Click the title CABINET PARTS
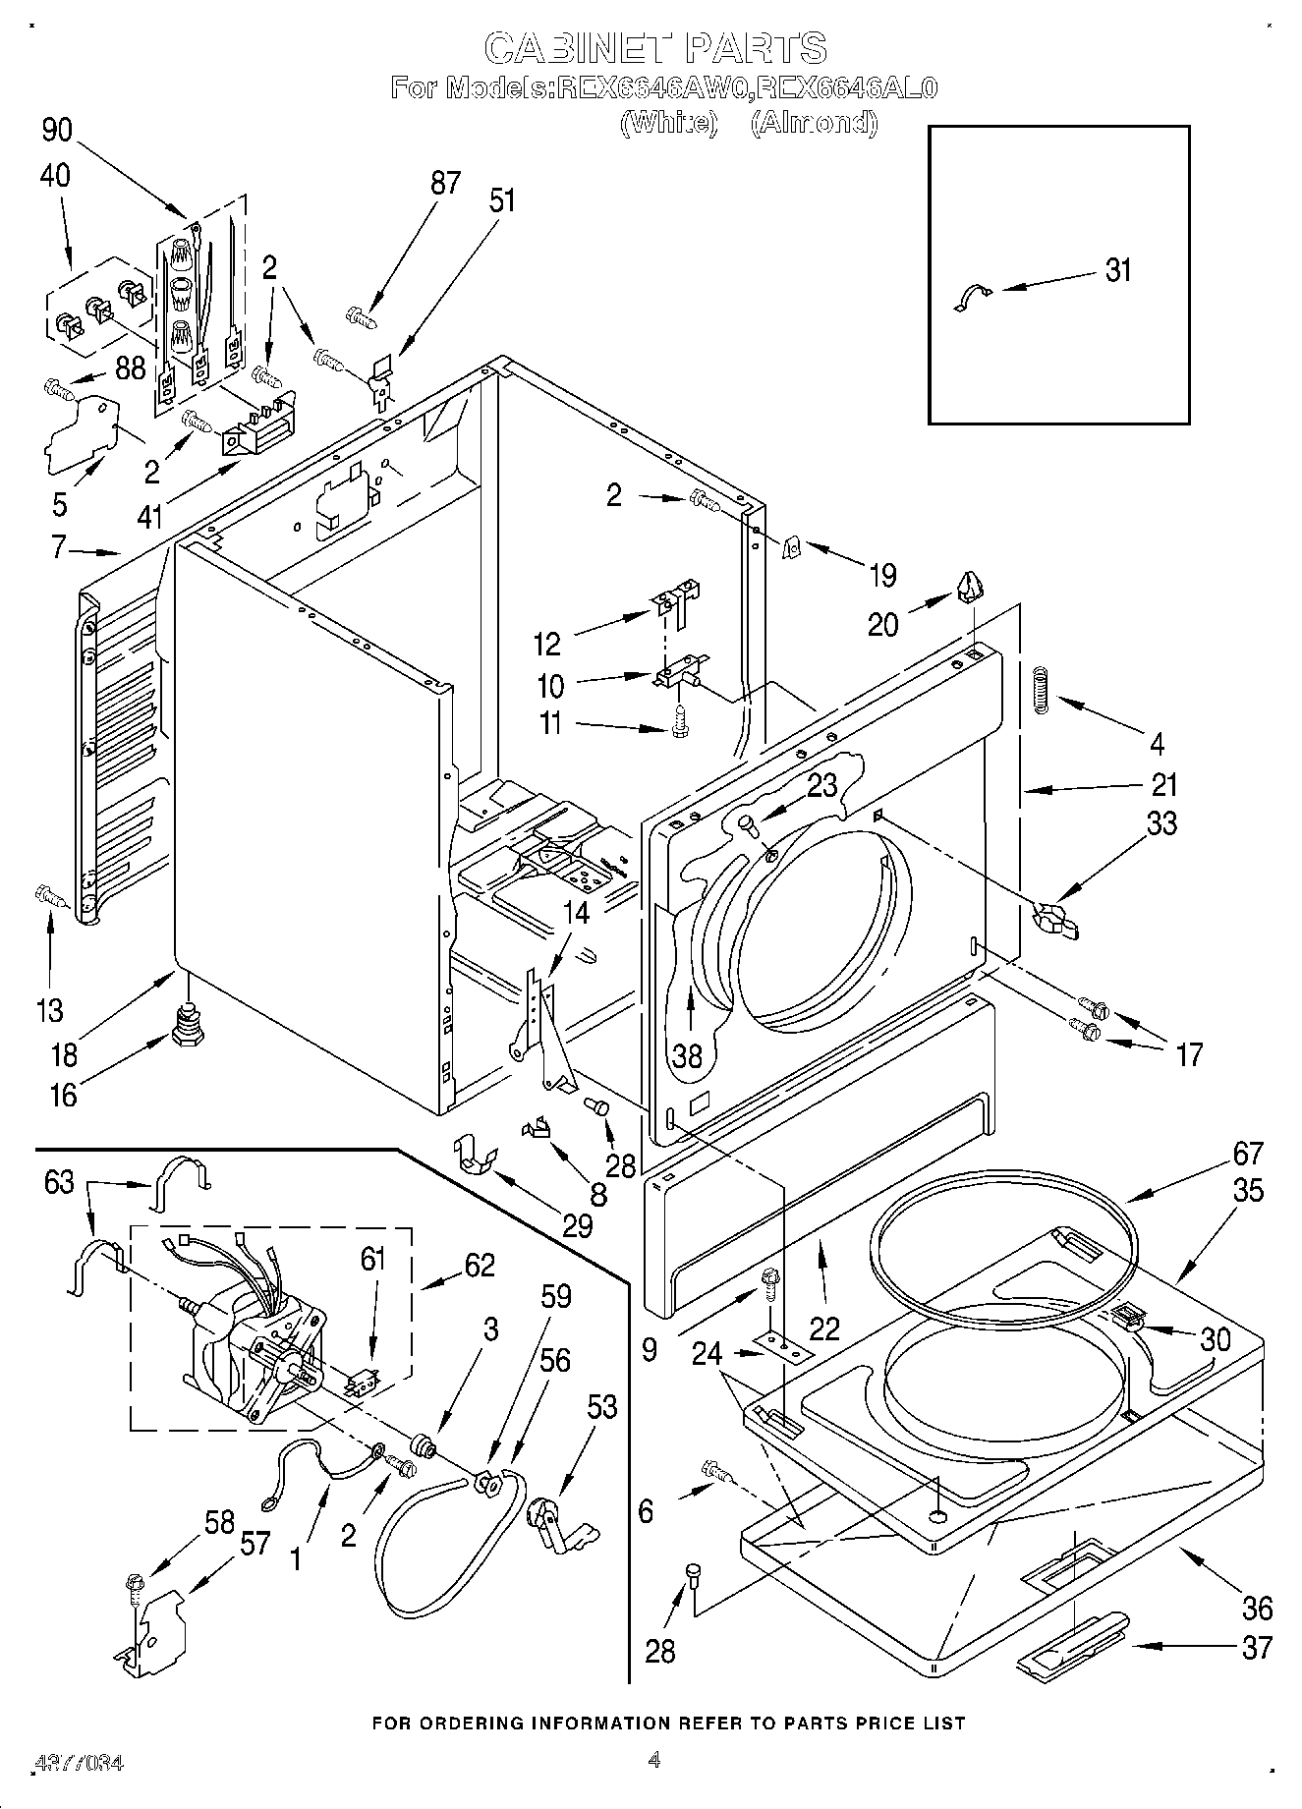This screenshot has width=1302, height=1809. pyautogui.click(x=656, y=47)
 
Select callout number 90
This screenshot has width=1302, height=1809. pyautogui.click(x=57, y=130)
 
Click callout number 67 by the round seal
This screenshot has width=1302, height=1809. pyautogui.click(x=1247, y=1153)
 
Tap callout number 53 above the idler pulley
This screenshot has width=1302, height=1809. pyautogui.click(x=601, y=1408)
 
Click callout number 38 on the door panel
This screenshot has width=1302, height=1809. pyautogui.click(x=687, y=1055)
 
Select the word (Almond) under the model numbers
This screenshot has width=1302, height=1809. pyautogui.click(x=813, y=123)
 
